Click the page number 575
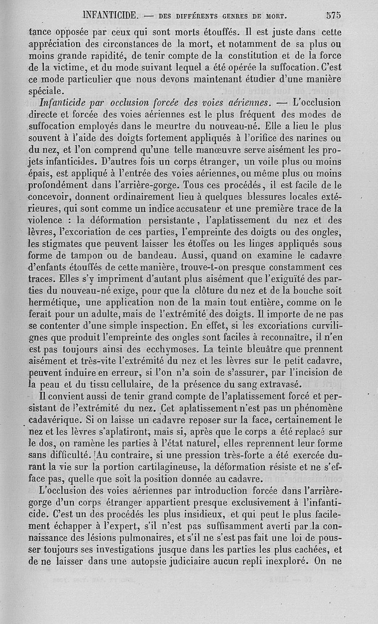pos(334,15)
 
